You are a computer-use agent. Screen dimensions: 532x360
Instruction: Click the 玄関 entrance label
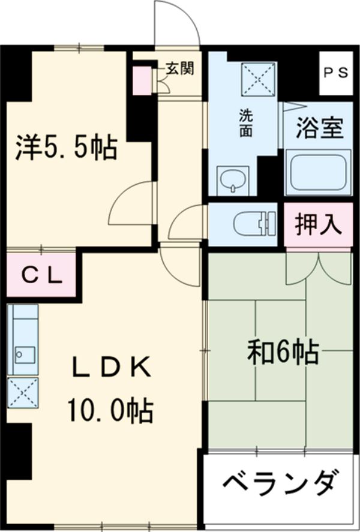tap(179, 70)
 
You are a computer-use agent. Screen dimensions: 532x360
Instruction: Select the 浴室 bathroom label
tap(320, 129)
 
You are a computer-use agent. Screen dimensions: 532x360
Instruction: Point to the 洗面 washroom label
tap(246, 123)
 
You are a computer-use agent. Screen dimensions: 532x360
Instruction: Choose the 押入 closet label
tap(318, 226)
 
